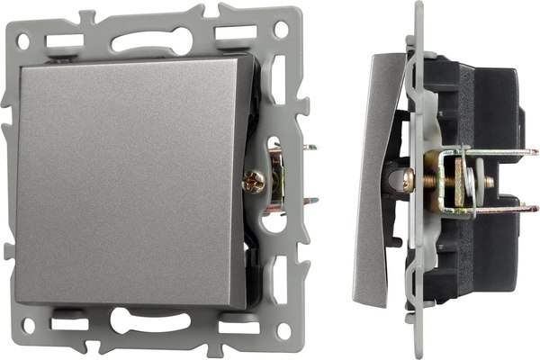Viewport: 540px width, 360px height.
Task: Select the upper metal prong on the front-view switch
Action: (309, 149)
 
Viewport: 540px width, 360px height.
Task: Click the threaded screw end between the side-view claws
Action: (487, 182)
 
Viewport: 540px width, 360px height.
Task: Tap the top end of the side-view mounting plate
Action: (419, 7)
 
